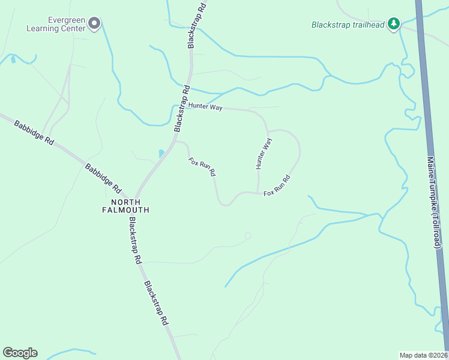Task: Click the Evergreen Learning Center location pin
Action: [94, 23]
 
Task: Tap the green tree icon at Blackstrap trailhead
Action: [394, 23]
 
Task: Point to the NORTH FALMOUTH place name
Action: [125, 206]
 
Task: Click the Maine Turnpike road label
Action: [433, 186]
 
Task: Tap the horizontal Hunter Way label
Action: [205, 107]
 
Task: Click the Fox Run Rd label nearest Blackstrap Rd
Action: [202, 167]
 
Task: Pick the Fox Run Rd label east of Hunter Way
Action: [277, 185]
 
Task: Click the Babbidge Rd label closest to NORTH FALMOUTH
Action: [103, 178]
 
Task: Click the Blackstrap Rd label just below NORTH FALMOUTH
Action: [134, 240]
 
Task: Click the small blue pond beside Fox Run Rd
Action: [161, 154]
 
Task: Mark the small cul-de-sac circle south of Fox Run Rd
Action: [247, 236]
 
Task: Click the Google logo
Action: [20, 353]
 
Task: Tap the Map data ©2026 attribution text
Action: [423, 355]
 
